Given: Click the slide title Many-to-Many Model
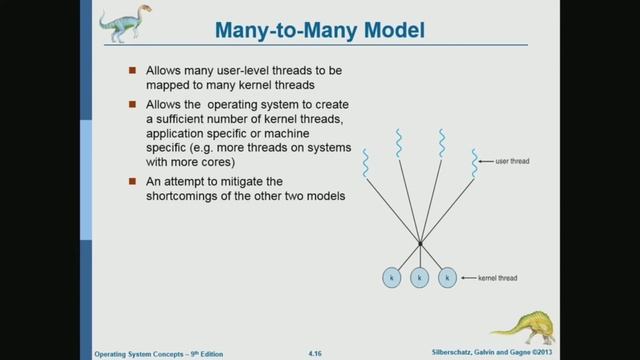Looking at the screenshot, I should pos(320,31).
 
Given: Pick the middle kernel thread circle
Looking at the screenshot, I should pos(420,275).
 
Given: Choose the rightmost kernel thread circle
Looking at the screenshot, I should pos(448,275).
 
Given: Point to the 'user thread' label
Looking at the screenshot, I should pos(510,160).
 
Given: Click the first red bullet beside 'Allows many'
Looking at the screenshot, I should pos(133,71).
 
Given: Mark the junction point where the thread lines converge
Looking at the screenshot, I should pos(420,243).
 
